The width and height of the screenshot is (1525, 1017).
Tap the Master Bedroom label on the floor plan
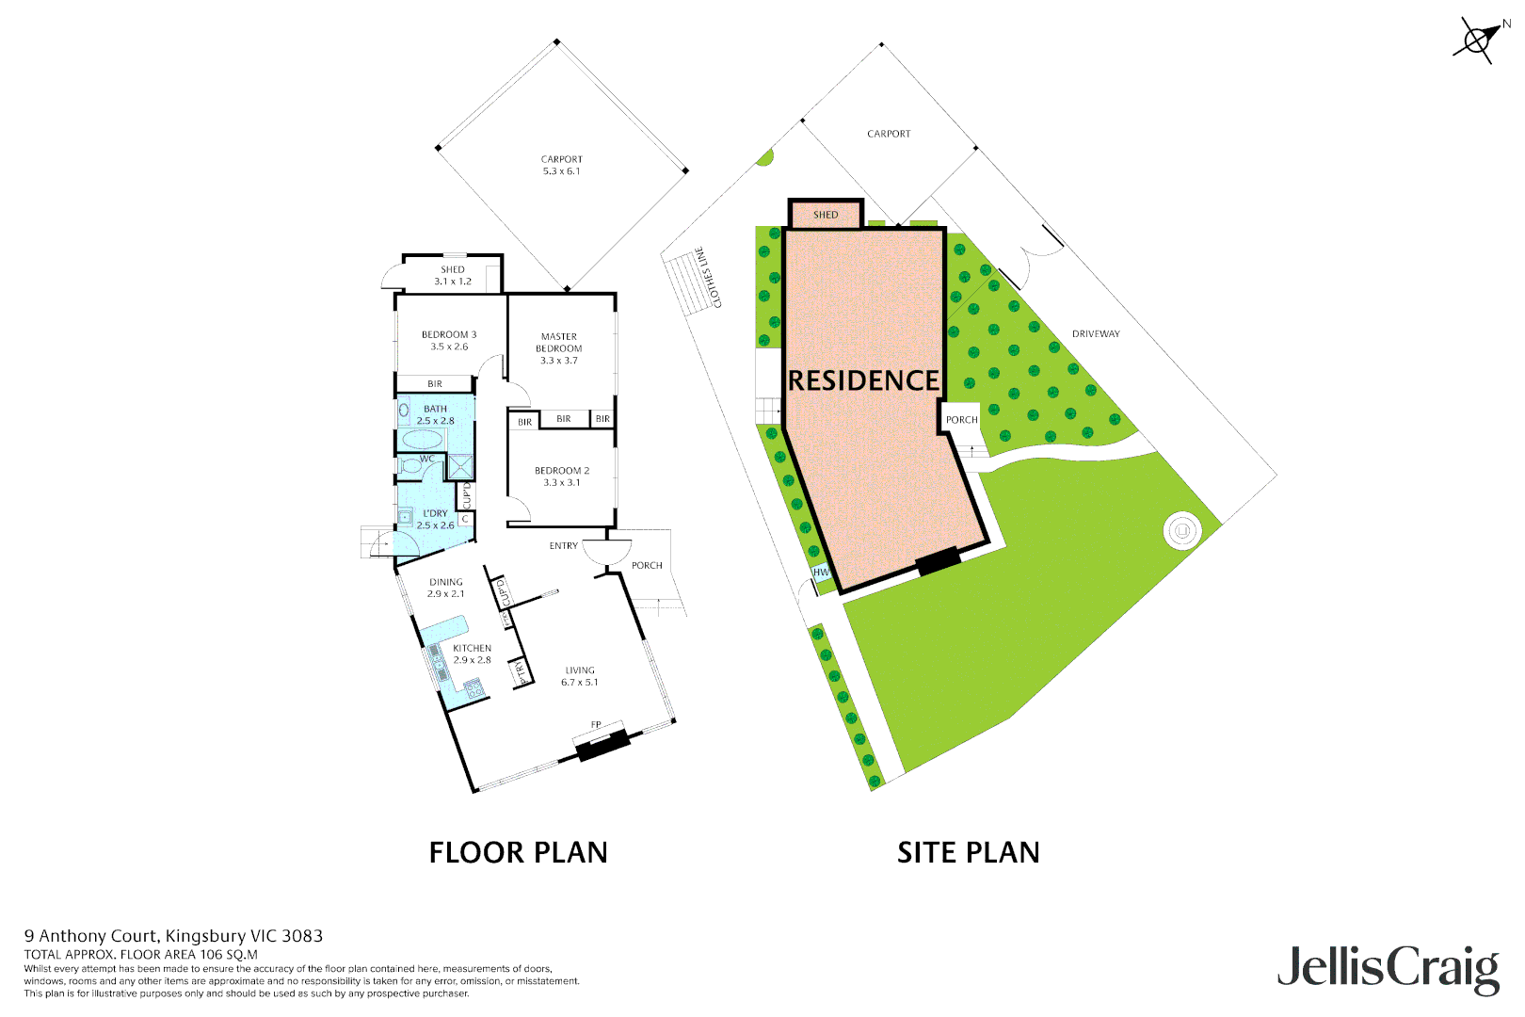click(559, 347)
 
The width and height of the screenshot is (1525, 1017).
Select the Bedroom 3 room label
click(449, 340)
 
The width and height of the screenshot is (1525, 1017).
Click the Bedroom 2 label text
click(562, 476)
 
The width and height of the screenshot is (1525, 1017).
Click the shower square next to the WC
click(460, 467)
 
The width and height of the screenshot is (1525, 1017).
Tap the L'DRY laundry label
click(435, 519)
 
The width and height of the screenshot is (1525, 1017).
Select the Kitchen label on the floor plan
click(472, 654)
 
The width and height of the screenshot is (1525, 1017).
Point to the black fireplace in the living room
click(602, 747)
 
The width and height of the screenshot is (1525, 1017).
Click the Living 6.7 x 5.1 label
click(580, 676)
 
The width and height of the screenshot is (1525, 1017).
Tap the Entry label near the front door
click(563, 546)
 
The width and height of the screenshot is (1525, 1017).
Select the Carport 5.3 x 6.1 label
click(562, 165)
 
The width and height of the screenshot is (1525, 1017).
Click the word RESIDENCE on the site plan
click(863, 380)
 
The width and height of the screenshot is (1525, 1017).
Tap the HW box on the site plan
click(821, 572)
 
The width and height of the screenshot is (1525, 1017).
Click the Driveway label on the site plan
click(1096, 334)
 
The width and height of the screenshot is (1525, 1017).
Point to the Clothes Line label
click(708, 277)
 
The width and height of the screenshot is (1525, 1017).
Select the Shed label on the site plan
click(826, 215)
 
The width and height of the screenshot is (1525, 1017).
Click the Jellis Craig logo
click(1388, 969)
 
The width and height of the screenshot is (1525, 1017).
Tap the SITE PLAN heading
click(968, 852)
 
